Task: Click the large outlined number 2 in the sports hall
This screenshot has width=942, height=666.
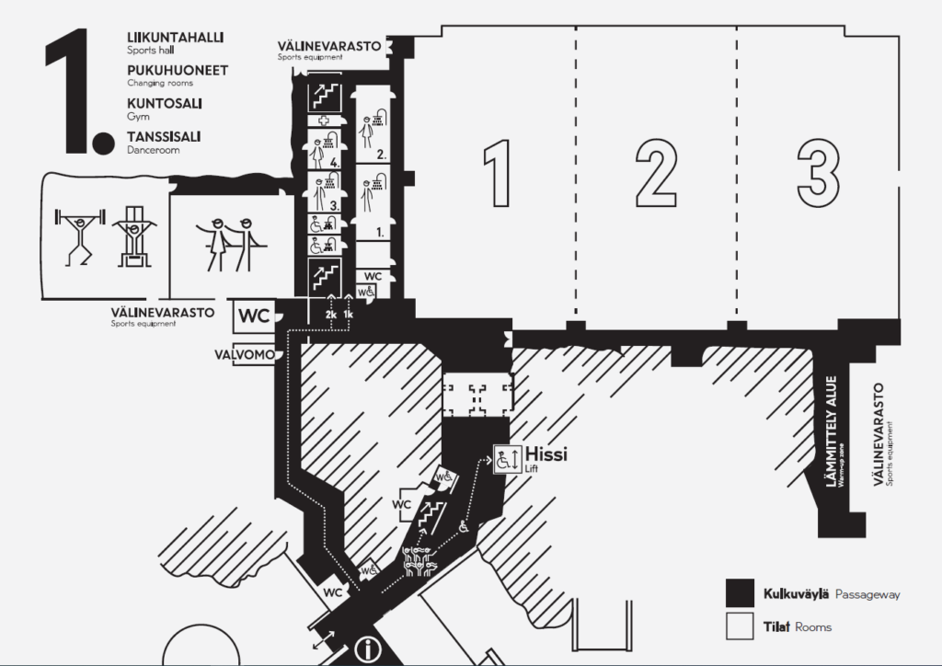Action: [x=656, y=175]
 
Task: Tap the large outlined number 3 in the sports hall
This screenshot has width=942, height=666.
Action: [x=818, y=174]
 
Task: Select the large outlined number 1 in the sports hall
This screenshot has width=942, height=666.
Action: [x=498, y=174]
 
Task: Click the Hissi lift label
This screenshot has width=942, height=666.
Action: [x=546, y=454]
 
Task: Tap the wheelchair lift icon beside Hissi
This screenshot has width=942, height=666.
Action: [x=508, y=459]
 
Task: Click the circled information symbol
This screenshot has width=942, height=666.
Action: [x=368, y=649]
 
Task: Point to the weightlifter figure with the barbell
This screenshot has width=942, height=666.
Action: [x=80, y=235]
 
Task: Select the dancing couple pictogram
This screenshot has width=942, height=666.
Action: [x=231, y=244]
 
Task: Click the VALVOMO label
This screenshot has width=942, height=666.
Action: [x=245, y=355]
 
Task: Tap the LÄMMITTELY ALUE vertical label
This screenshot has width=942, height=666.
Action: [x=832, y=431]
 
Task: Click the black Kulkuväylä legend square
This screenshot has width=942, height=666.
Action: [x=740, y=593]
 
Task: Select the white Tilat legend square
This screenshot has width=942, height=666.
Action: [x=740, y=626]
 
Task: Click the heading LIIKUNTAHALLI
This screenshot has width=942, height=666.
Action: [x=176, y=37]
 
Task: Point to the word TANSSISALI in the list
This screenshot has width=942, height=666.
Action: [x=164, y=137]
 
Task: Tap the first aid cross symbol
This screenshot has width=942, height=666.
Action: [x=325, y=121]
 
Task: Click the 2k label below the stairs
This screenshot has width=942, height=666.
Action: [x=331, y=314]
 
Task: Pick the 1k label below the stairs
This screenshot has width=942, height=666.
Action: [x=349, y=314]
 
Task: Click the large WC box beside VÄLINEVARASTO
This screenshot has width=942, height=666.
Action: [x=254, y=316]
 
